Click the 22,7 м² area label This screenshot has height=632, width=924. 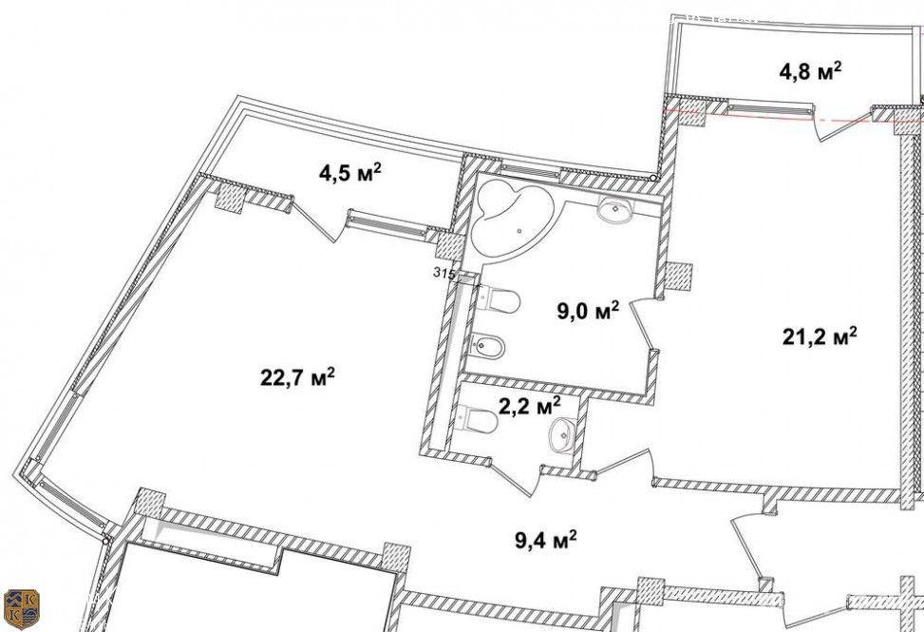[x=297, y=376]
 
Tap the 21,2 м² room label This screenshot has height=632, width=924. [x=820, y=336]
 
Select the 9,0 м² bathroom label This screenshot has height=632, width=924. [x=588, y=310]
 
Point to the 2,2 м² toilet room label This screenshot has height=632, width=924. [x=529, y=406]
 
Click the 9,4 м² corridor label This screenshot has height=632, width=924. [x=546, y=540]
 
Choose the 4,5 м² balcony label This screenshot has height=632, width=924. [x=350, y=173]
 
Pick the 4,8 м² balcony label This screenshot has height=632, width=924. [x=810, y=71]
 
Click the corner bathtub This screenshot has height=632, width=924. [x=513, y=219]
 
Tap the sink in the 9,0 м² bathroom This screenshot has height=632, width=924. [x=614, y=209]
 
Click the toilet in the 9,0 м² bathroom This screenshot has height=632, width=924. [x=498, y=299]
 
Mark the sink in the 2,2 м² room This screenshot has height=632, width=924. [x=562, y=435]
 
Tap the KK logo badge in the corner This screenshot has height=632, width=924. [x=21, y=609]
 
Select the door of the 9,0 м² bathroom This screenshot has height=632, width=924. [x=644, y=325]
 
